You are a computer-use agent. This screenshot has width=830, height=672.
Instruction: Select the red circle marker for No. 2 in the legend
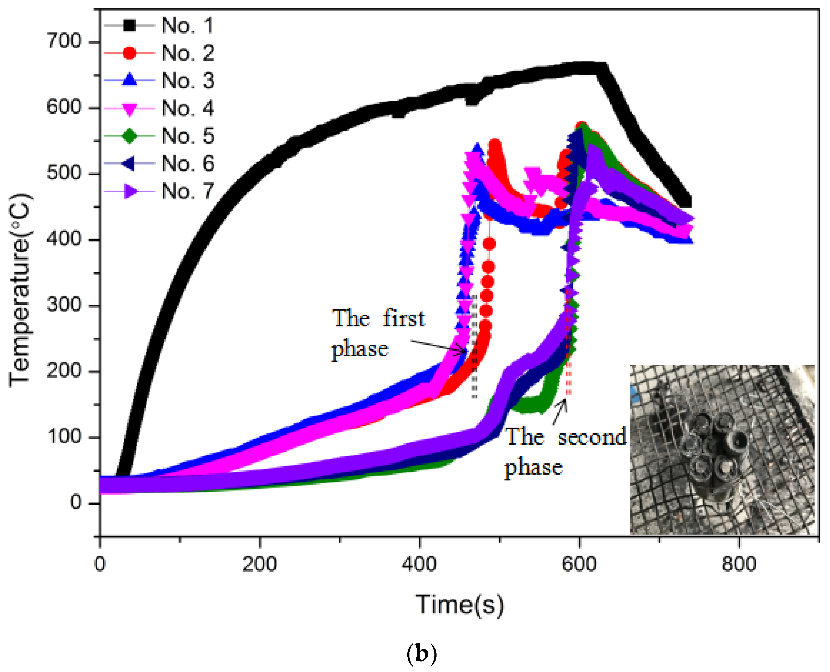click(129, 53)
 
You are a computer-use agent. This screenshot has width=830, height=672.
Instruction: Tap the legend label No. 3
click(188, 81)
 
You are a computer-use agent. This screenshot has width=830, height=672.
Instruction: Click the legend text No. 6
click(188, 163)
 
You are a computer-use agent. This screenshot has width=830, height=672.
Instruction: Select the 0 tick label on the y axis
click(76, 503)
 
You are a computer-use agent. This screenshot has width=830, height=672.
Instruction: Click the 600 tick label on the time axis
click(579, 564)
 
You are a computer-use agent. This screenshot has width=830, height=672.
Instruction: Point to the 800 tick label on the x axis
click(738, 564)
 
